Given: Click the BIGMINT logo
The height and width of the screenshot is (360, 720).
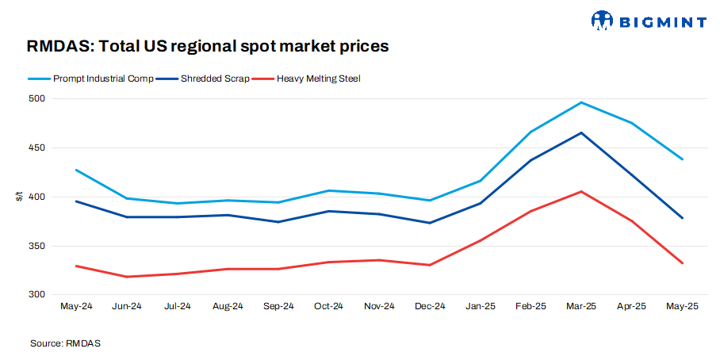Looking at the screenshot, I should tap(648, 20).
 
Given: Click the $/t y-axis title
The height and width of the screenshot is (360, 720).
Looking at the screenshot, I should tap(19, 197).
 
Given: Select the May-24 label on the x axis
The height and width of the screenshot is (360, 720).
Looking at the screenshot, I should tap(76, 306).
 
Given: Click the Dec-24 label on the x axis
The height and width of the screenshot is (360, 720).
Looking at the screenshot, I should tap(429, 306).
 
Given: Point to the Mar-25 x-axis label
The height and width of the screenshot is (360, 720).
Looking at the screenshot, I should tap(580, 306).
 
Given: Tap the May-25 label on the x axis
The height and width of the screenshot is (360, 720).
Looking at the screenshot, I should tap(682, 306).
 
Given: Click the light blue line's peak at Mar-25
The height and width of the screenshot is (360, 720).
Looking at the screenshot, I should tap(581, 102).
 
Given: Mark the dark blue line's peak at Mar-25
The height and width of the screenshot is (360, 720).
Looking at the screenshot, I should tap(581, 132).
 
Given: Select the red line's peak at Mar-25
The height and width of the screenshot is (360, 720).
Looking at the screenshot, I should tap(581, 191).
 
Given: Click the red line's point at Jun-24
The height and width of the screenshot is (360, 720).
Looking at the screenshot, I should tap(127, 277).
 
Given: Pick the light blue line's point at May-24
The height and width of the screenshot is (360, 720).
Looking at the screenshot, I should tap(76, 170).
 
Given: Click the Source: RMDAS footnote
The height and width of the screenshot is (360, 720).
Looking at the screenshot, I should tap(66, 343).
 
